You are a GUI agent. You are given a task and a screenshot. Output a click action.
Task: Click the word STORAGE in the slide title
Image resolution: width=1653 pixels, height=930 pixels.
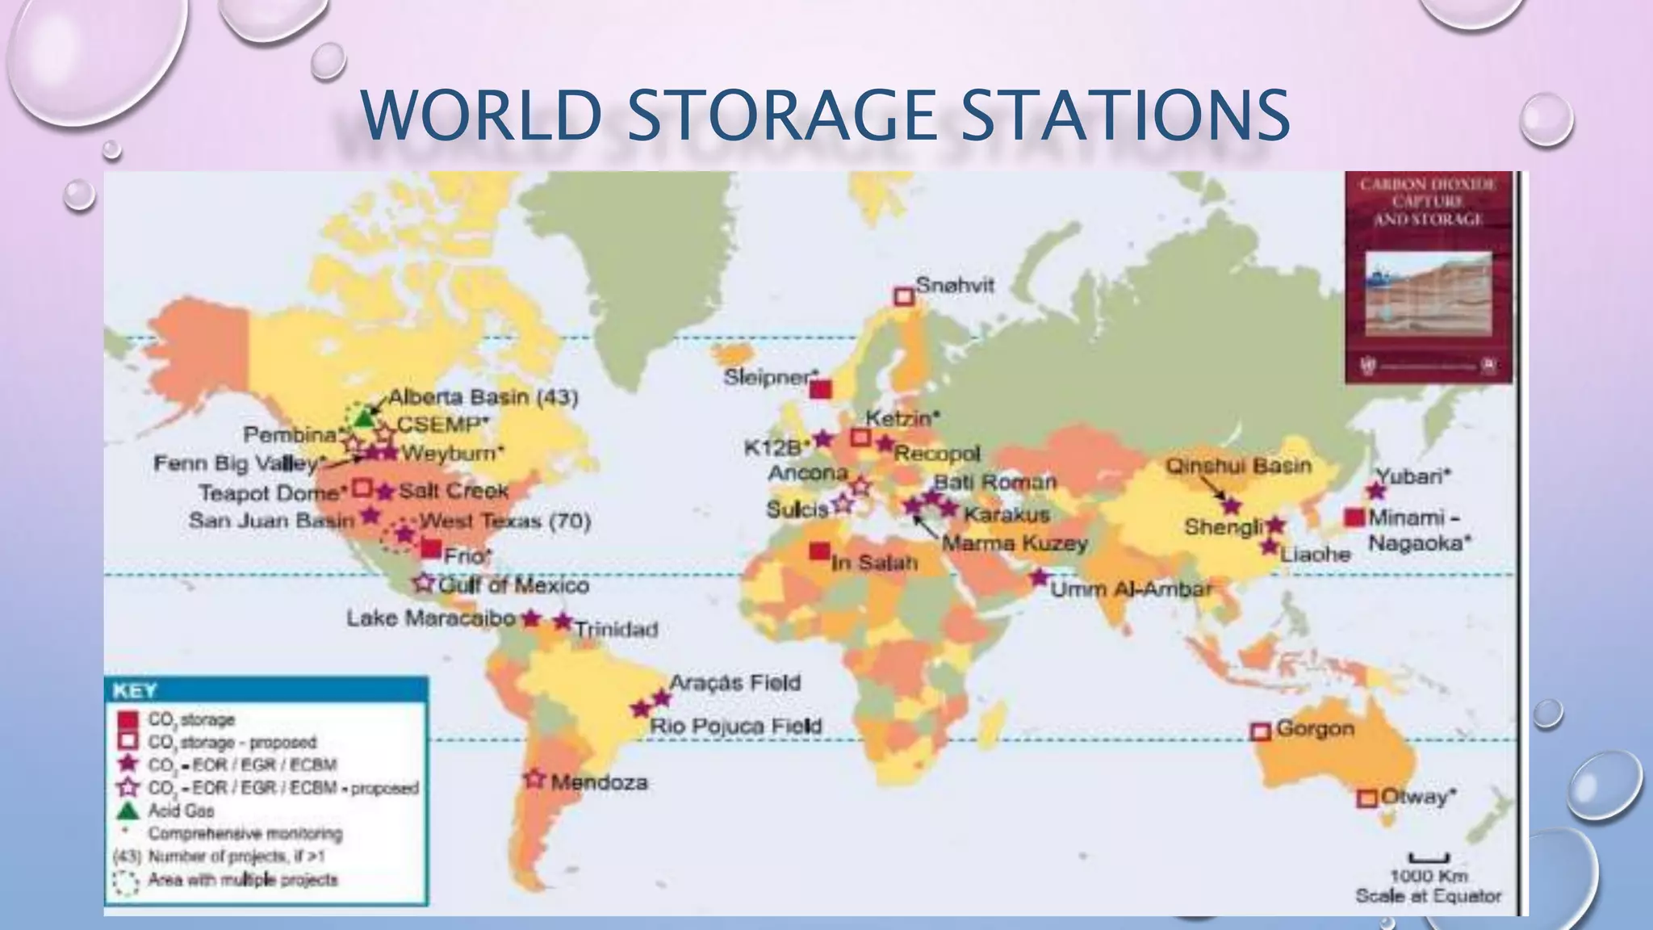780,115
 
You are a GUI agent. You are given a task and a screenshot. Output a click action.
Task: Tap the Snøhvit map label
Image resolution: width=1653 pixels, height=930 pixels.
955,285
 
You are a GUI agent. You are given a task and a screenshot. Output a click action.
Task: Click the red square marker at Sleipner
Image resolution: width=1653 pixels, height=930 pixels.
820,390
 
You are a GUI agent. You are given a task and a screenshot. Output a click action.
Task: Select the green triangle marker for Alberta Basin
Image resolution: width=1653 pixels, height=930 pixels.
364,419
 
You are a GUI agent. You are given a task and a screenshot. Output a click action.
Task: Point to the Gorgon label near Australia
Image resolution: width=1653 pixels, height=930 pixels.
1315,728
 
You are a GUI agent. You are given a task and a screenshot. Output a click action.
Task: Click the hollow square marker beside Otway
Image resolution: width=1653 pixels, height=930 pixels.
1366,798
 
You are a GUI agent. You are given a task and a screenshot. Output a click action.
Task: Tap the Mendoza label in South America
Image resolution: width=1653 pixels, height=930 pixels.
599,782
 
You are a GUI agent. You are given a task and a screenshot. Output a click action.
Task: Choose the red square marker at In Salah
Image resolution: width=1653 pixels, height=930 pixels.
819,551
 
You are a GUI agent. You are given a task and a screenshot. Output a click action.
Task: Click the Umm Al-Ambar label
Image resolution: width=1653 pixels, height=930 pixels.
1131,589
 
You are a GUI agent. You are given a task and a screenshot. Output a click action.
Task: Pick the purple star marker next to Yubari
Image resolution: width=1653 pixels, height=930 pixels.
1377,491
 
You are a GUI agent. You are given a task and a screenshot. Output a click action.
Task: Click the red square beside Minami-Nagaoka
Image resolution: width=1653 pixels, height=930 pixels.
1354,517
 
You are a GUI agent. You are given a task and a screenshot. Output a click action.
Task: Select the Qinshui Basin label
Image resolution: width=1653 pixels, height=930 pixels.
1238,466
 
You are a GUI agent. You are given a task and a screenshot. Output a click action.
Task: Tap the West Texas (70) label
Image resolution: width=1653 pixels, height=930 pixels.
505,521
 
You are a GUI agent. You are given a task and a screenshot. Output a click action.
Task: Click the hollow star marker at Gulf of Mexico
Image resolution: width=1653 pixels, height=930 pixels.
424,582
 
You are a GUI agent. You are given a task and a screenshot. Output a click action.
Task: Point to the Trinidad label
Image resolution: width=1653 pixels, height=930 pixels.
616,629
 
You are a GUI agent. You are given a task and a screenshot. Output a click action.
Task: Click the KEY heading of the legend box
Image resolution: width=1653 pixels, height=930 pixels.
135,690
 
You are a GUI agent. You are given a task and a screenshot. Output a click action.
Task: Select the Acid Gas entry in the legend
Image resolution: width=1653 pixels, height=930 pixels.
181,811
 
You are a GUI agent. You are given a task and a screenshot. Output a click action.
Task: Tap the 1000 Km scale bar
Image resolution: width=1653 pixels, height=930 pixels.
1429,858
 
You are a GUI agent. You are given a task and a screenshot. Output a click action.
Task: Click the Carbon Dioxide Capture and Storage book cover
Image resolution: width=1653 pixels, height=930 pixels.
1428,276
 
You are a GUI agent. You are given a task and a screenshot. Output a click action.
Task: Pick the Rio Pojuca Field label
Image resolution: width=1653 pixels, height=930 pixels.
735,726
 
